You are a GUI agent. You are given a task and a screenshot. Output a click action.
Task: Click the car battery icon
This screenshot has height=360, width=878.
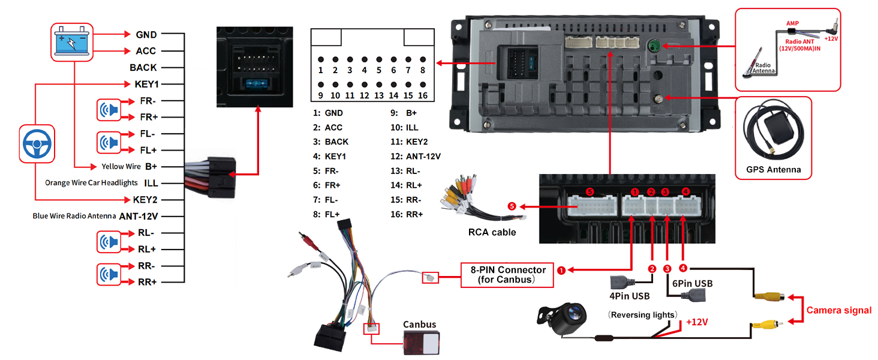click(71, 43)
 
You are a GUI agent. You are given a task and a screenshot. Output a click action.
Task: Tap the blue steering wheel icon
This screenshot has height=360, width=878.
click(37, 143)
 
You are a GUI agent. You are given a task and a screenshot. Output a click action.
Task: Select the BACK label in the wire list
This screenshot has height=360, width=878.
click(143, 68)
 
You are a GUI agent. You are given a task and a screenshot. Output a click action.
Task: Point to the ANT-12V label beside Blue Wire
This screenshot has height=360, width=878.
click(138, 216)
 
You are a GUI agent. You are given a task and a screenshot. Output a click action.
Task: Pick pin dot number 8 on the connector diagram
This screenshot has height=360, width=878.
click(423, 60)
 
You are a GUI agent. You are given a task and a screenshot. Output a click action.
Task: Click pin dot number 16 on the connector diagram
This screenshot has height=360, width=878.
click(423, 85)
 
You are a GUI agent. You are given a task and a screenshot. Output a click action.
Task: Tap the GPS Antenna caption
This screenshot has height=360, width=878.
click(773, 169)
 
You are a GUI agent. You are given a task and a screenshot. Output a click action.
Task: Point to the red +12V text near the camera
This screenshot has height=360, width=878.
click(697, 322)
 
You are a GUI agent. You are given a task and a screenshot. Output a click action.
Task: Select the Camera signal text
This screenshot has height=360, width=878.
click(838, 310)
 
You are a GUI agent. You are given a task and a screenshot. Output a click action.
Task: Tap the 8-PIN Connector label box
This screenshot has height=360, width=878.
click(503, 275)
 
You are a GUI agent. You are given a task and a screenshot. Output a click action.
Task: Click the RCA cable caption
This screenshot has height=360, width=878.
click(492, 232)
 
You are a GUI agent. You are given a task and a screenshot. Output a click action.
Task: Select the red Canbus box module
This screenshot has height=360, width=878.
click(419, 344)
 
